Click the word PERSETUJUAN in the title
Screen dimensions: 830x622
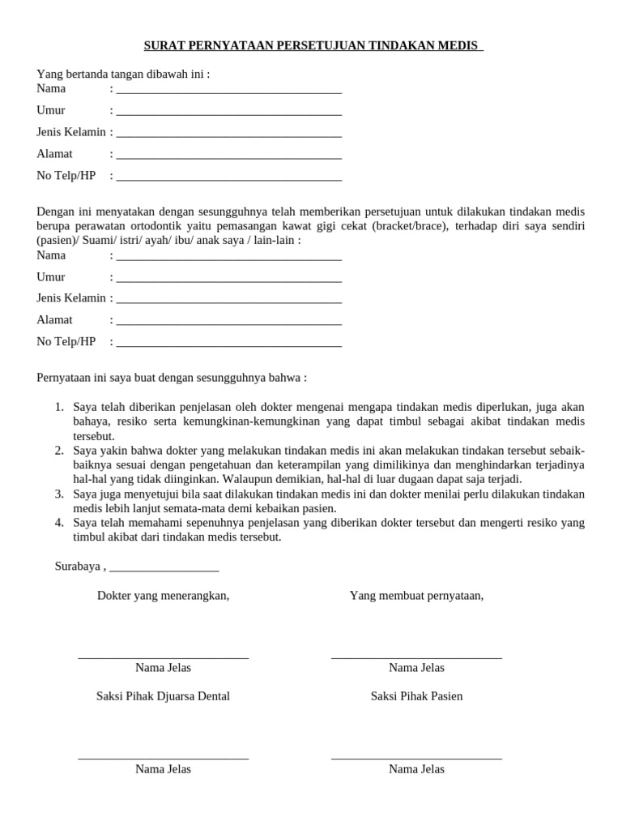click(313, 45)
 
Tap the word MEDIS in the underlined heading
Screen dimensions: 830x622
click(460, 45)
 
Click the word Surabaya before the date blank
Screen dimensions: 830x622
click(78, 566)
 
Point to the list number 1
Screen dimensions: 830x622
click(59, 407)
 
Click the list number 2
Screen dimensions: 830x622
click(59, 450)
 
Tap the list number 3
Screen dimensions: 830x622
click(59, 494)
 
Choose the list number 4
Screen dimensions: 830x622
click(59, 523)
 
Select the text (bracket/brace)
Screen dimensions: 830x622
click(410, 225)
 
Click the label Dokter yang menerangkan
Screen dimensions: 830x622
click(163, 596)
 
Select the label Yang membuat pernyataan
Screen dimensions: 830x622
click(416, 596)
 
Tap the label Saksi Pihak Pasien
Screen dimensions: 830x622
click(416, 696)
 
